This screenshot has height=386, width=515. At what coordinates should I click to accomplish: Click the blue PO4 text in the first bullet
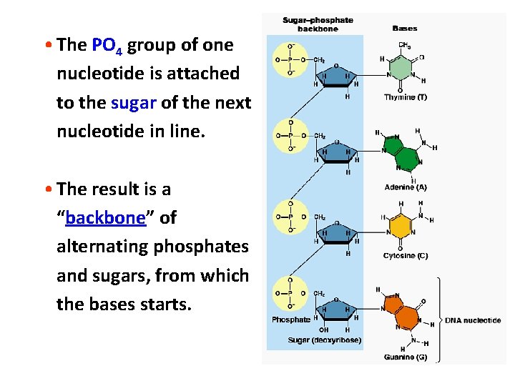pos(108,46)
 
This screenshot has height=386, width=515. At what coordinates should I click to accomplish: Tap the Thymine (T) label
pos(406,97)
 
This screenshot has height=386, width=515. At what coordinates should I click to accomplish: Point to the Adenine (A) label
pos(406,187)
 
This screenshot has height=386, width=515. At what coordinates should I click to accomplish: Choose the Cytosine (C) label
pos(406,256)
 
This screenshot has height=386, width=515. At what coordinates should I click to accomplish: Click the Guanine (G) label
pos(406,357)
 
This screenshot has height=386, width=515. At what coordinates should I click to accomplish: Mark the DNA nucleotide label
pos(473,320)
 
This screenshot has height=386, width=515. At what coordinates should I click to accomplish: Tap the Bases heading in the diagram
pos(405,29)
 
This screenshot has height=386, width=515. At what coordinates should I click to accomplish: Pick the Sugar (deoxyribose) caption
pos(324,340)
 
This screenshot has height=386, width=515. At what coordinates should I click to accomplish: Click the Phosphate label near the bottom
pos(291,320)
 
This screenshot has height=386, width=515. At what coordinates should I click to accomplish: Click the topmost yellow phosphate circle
pos(290,60)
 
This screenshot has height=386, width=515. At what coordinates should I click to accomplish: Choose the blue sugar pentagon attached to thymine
pos(335,74)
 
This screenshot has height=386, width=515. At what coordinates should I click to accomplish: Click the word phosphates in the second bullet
pos(206,247)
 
